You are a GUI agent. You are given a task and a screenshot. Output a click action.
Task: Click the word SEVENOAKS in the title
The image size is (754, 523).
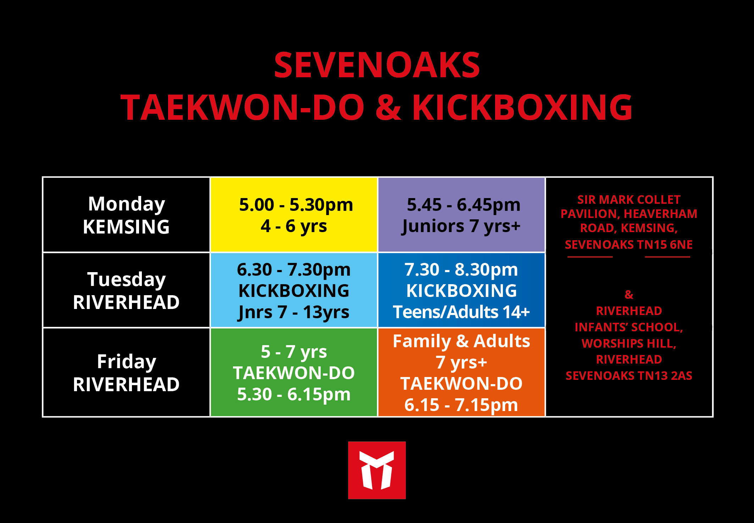[x=377, y=65]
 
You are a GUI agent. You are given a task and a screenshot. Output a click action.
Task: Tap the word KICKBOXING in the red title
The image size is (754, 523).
[x=522, y=107]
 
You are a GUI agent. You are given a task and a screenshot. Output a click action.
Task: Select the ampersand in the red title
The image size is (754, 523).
[x=388, y=107]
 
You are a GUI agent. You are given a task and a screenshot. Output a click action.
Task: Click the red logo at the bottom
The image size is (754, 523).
[x=377, y=470]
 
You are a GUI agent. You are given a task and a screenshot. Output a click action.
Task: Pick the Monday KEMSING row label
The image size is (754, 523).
[x=126, y=215]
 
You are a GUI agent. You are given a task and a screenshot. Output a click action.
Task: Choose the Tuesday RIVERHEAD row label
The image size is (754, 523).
[x=126, y=291]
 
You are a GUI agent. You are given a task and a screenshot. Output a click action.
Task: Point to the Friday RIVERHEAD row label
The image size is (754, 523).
[x=126, y=373]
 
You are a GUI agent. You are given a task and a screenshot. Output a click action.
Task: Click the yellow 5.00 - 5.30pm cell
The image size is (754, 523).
[x=294, y=215]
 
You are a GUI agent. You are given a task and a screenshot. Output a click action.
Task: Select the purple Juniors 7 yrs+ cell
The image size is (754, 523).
[x=461, y=215]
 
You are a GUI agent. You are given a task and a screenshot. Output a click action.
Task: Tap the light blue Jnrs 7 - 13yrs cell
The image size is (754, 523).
[x=294, y=290]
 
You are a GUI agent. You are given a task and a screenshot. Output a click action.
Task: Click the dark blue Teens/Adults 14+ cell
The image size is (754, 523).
[x=461, y=290]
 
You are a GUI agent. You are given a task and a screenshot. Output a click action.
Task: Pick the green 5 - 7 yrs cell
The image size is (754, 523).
[x=294, y=372]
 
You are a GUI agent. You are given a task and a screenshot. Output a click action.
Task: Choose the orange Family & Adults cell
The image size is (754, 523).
[x=461, y=372]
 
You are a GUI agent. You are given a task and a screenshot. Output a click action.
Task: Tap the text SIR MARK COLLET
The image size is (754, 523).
[x=629, y=200]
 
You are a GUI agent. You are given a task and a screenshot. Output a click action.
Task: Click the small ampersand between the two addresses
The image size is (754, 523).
[x=629, y=294]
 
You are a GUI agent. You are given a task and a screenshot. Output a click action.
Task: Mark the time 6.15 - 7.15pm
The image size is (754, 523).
[x=461, y=405]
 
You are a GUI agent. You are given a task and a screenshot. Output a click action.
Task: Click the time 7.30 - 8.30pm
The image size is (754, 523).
[x=461, y=270]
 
